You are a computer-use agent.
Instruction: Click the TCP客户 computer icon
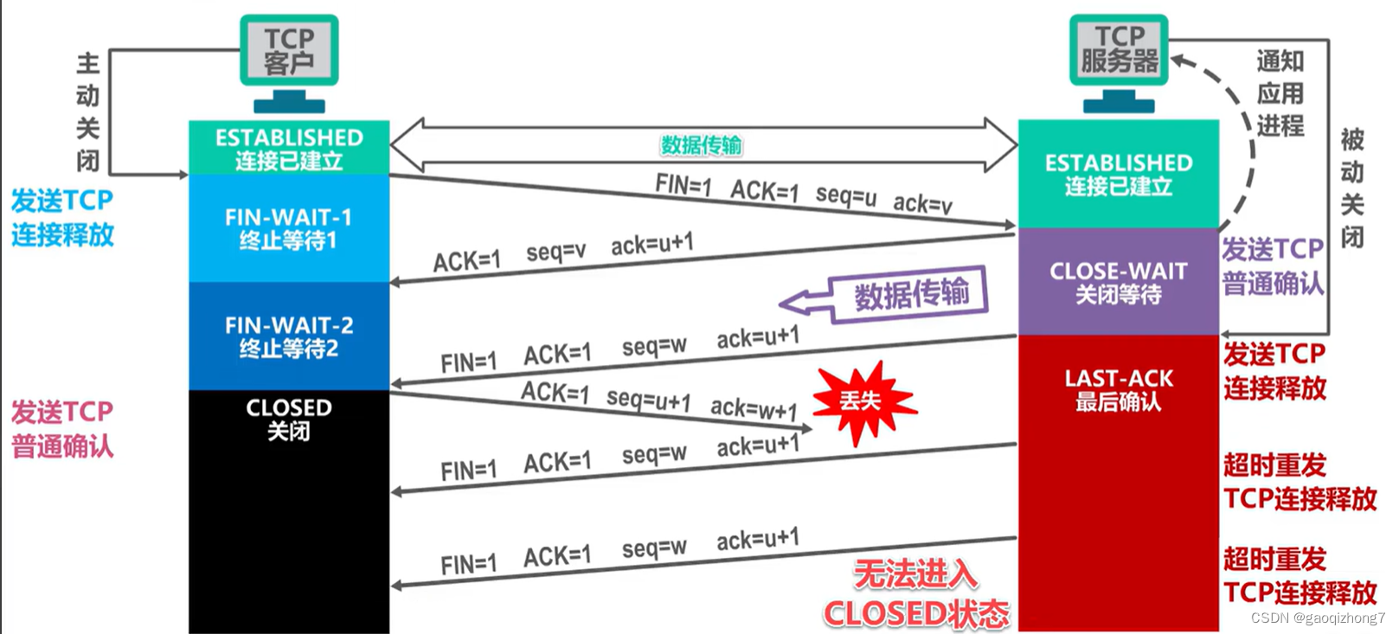[x=289, y=63]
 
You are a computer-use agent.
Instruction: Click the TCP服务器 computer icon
[x=1119, y=63]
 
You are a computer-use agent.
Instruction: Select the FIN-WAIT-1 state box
[x=289, y=228]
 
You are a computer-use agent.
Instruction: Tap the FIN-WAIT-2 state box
[x=289, y=336]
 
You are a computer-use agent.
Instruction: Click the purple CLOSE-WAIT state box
[x=1119, y=282]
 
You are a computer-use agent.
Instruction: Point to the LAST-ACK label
[x=1119, y=379]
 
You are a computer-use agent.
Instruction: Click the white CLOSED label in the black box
[x=289, y=408]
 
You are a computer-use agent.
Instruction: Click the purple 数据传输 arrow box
[x=883, y=295]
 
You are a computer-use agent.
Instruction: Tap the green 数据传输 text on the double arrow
[x=702, y=145]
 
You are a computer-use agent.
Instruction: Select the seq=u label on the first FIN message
[x=846, y=195]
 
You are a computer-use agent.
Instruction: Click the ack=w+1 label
[x=754, y=409]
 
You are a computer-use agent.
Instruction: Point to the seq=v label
[x=555, y=252]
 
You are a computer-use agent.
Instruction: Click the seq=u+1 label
[x=649, y=399]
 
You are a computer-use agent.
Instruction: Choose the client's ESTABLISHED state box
[x=289, y=147]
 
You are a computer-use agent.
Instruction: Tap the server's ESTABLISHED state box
[x=1119, y=174]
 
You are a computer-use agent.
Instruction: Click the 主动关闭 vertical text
[x=88, y=112]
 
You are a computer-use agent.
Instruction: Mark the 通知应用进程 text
[x=1280, y=93]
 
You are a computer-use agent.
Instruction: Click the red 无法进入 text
[x=915, y=574]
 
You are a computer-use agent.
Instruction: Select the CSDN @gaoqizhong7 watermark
[x=1318, y=618]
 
